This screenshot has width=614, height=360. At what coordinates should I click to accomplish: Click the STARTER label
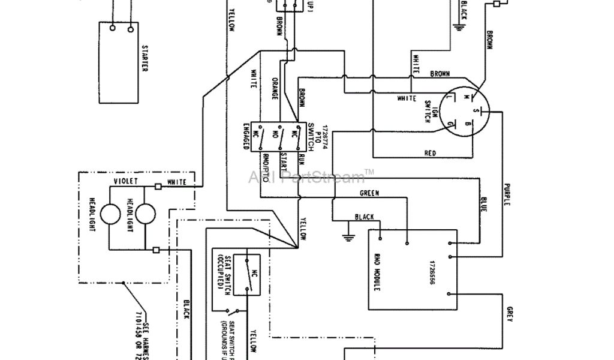pyautogui.click(x=144, y=58)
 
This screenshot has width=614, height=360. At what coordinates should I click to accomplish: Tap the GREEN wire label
pyautogui.click(x=369, y=193)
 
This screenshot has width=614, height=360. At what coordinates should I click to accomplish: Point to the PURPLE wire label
pyautogui.click(x=507, y=194)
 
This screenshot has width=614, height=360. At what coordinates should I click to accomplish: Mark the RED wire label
pyautogui.click(x=430, y=154)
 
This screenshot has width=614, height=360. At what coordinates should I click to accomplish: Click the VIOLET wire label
pyautogui.click(x=126, y=181)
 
